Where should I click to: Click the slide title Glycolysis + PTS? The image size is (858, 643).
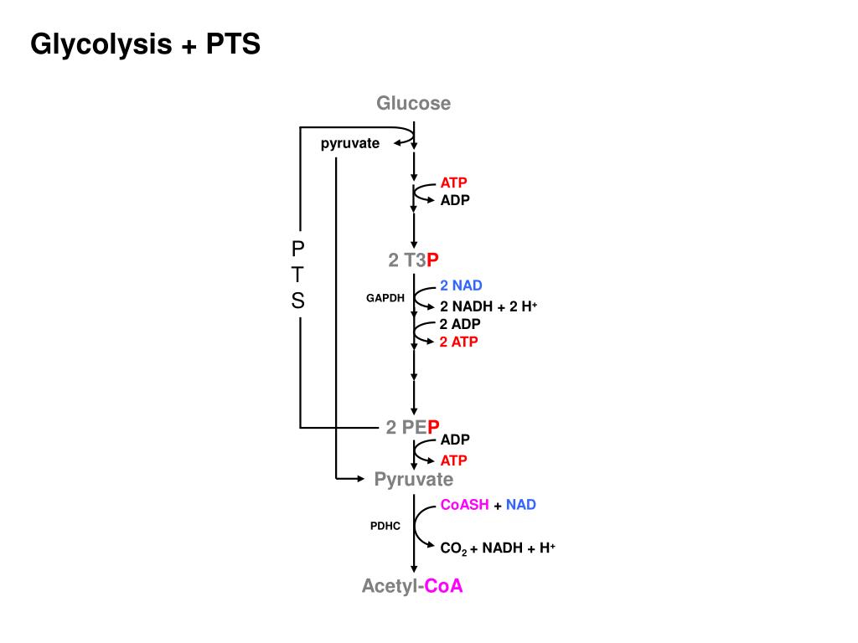pos(145,44)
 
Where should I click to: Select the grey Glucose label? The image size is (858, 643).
pos(413,103)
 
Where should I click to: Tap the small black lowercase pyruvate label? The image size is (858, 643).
pos(349,143)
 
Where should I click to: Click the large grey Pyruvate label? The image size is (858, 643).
pos(413,479)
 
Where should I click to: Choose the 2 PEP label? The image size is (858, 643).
pos(413,428)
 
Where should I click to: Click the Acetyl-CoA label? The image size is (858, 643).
pos(412,586)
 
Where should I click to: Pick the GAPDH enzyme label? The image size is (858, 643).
pos(385,297)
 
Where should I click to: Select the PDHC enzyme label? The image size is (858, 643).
pos(385,526)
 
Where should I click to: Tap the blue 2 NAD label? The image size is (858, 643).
pos(461,285)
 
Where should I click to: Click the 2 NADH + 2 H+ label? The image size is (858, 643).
pos(488,306)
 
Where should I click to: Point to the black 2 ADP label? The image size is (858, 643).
pos(459,324)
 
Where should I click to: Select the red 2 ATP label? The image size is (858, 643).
pos(458,342)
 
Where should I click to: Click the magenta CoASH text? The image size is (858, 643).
pos(465,505)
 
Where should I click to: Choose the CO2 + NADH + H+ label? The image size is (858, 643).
pos(498,548)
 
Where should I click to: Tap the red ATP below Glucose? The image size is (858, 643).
pos(454,183)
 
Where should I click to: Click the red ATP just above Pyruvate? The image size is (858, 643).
pos(454,460)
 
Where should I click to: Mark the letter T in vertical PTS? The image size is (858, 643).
pos(298,275)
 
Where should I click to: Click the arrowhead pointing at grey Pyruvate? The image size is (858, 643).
pos(362,479)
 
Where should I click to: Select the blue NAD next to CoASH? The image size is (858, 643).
pos(520,505)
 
